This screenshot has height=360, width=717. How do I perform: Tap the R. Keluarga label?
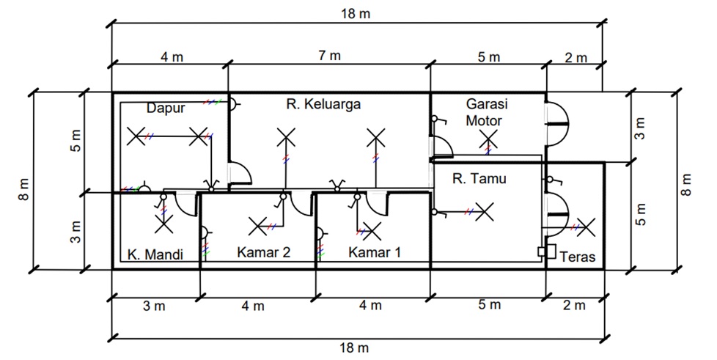323,104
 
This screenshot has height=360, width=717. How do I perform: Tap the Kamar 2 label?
264,253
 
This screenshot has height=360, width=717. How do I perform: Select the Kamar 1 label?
375,253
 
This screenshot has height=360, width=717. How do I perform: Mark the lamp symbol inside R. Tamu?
482,213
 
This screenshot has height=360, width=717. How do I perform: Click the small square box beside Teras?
543,251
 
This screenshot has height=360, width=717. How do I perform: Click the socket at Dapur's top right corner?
232,104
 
